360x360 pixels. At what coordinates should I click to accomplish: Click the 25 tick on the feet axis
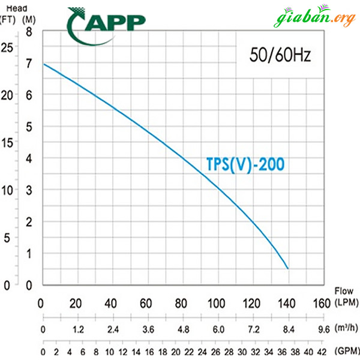[7, 47]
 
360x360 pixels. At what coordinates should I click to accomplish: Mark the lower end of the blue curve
[288, 268]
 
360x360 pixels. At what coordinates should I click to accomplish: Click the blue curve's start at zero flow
[44, 64]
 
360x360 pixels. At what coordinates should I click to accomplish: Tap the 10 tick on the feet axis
[7, 190]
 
